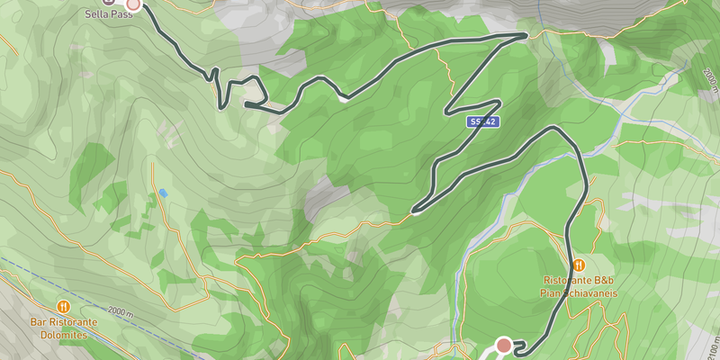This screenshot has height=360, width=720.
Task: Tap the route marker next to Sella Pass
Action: (x=133, y=4)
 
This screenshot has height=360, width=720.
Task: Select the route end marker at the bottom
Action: (x=504, y=345)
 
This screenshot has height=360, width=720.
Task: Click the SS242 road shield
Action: (x=482, y=121)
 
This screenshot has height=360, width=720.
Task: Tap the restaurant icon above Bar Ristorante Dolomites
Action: (x=63, y=306)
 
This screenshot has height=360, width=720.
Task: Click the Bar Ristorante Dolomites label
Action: (x=63, y=328)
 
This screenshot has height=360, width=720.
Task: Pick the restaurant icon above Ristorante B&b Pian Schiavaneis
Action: (x=579, y=265)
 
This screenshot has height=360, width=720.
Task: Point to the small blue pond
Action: (x=163, y=193)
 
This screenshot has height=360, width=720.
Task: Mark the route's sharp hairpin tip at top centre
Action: (x=526, y=35)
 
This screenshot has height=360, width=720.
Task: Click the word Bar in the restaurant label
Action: (x=38, y=321)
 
